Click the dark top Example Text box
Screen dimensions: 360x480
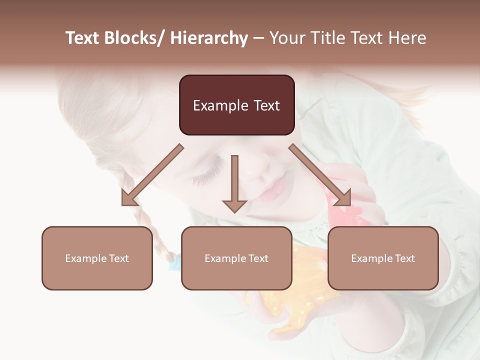coord(236,105)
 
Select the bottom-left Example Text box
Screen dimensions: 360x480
coord(97,258)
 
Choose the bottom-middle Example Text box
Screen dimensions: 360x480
coord(236,258)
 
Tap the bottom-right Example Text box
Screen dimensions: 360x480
coord(383,258)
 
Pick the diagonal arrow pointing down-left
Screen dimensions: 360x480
coord(152,175)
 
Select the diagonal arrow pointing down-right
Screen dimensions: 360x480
coord(320,175)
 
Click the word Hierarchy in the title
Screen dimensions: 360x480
coord(208,38)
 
